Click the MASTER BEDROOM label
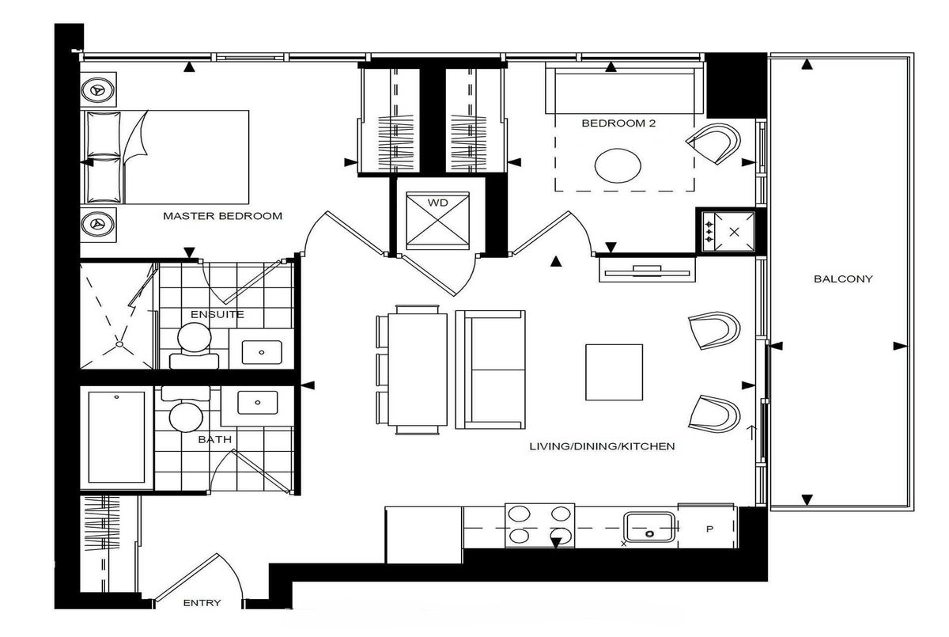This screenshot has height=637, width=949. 222,216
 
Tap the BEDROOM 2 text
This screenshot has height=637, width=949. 618,123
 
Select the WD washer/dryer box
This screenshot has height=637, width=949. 437,221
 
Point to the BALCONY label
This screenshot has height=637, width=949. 843,279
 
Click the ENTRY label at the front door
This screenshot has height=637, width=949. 202,603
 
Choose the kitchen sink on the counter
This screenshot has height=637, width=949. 649,527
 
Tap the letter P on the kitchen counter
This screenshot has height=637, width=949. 709,529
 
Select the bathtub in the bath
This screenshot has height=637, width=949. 116,437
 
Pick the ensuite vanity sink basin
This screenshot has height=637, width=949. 262,352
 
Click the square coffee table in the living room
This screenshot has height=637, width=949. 614,372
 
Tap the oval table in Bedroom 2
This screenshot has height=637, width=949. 618,165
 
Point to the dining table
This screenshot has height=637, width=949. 418,370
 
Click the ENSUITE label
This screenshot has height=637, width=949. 217,314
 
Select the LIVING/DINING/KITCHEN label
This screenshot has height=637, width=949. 602,446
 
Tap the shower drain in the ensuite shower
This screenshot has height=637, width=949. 119,344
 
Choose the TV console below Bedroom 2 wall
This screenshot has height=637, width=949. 647,270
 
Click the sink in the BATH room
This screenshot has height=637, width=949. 258,403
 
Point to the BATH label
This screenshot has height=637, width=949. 215,439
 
